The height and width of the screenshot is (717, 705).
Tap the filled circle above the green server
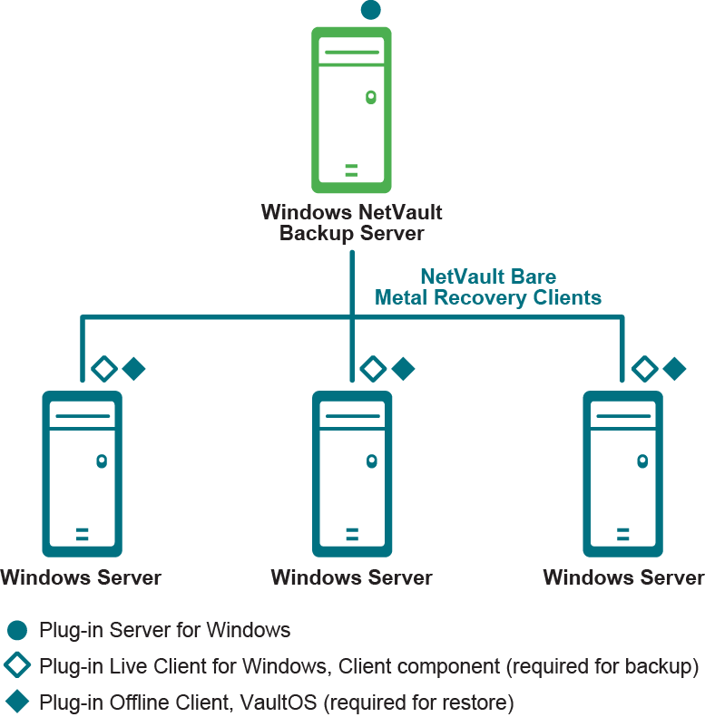[370, 10]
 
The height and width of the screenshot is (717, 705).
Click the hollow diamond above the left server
[104, 369]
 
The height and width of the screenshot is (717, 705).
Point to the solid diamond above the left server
[133, 369]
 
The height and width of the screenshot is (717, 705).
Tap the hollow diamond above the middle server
[373, 369]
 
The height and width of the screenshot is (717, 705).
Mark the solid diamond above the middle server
[403, 369]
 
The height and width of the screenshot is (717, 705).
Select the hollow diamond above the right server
[644, 369]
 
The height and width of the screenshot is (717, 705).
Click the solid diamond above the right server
[674, 369]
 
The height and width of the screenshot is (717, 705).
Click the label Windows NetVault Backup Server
[351, 223]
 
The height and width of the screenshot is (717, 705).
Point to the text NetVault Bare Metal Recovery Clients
[488, 287]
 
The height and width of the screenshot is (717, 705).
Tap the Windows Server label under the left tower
[81, 577]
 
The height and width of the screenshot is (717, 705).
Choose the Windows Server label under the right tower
[623, 577]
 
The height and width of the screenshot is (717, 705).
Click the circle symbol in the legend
[16, 631]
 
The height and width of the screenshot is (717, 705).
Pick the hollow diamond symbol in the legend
[16, 666]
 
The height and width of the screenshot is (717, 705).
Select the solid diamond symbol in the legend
[16, 702]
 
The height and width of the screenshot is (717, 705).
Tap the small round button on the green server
[370, 97]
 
